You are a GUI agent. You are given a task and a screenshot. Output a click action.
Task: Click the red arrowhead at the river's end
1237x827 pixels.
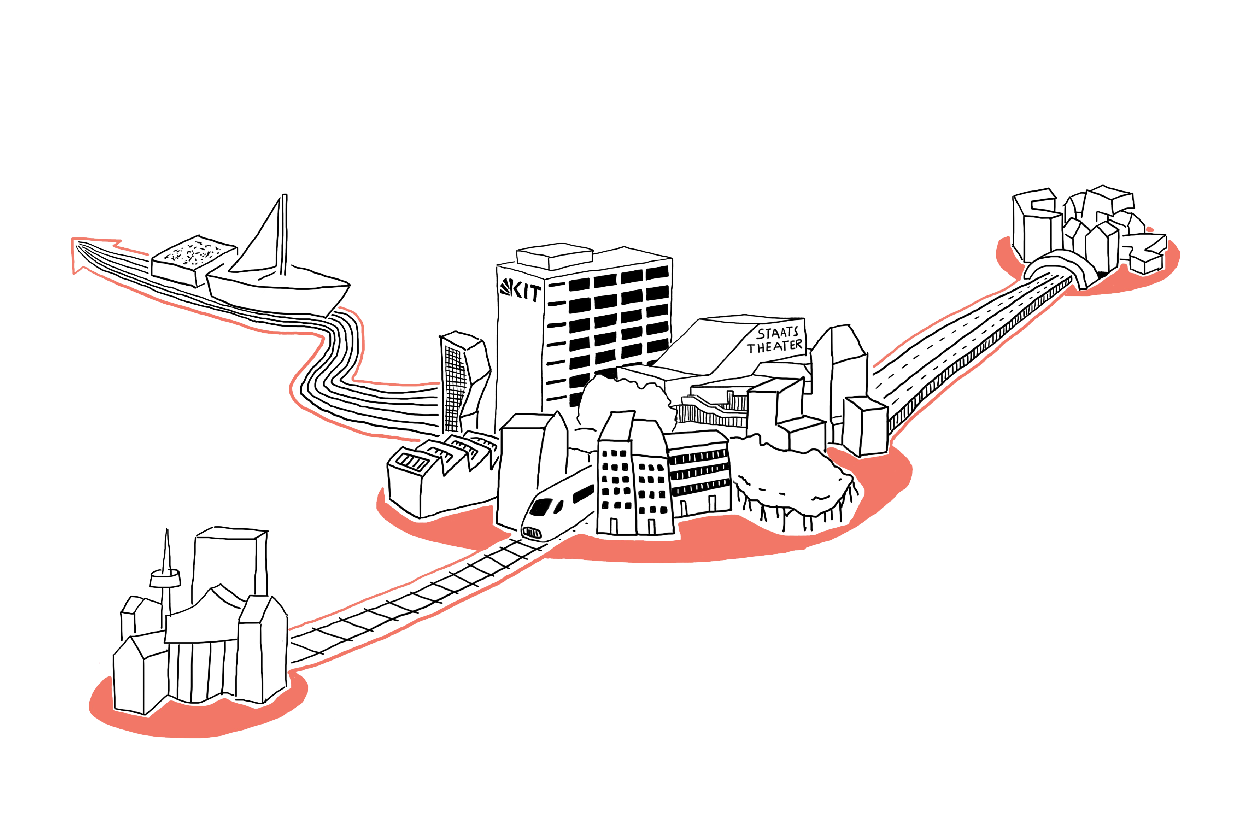pos(84,253)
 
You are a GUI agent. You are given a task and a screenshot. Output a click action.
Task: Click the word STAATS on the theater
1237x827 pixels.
pos(778,333)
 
